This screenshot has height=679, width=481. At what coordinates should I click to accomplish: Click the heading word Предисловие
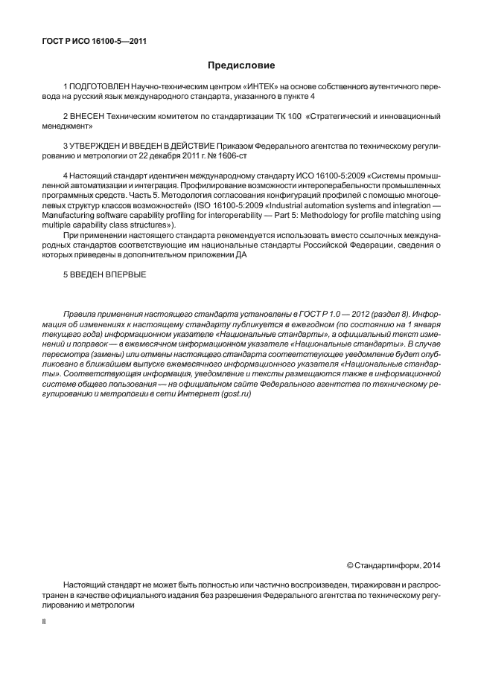coord(241,66)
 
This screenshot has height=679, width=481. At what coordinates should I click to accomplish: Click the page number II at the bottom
coord(44,618)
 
